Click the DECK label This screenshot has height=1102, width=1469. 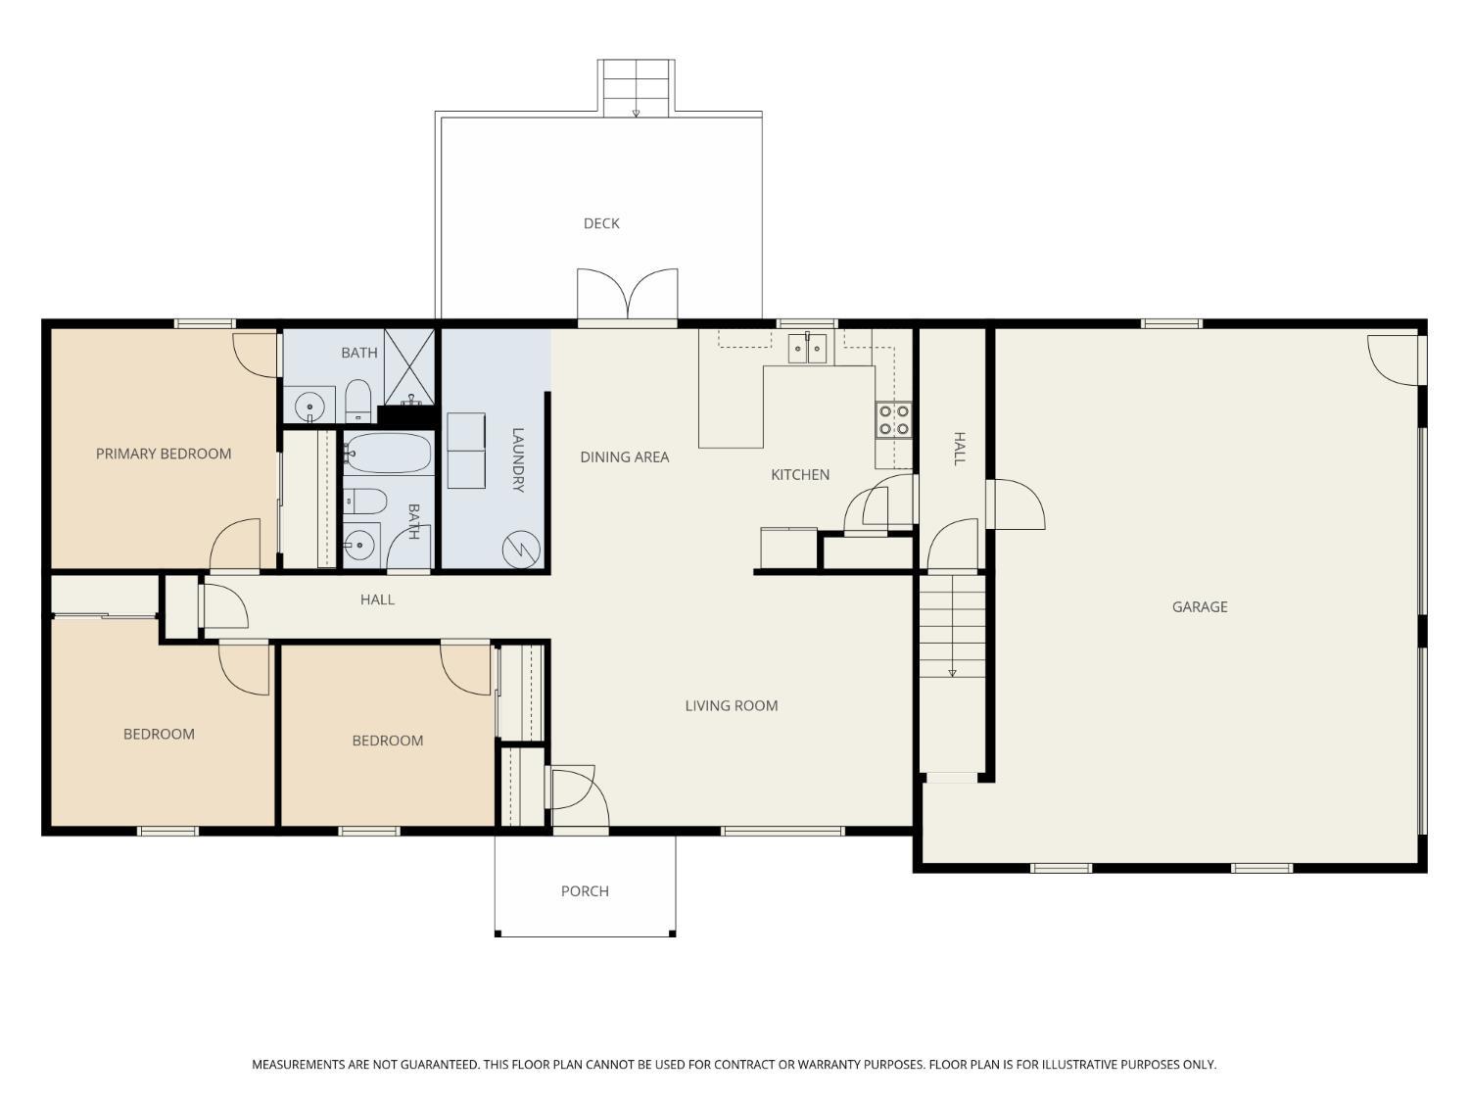(x=601, y=223)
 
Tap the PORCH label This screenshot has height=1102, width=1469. (x=585, y=891)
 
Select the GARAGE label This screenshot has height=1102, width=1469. (x=1200, y=607)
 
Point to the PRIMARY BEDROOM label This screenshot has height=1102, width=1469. (x=164, y=454)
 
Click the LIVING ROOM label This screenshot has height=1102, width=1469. (x=731, y=705)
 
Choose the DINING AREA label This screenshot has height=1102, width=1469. (x=624, y=457)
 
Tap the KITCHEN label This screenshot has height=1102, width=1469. (x=800, y=474)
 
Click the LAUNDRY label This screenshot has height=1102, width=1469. (x=517, y=459)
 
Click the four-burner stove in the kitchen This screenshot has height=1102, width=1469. (x=893, y=419)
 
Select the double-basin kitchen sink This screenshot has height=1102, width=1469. (x=807, y=348)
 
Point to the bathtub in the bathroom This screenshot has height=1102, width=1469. (x=389, y=453)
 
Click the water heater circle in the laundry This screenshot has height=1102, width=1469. (x=521, y=550)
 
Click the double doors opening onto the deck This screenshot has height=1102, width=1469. (x=627, y=295)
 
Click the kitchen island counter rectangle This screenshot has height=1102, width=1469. (x=731, y=388)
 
